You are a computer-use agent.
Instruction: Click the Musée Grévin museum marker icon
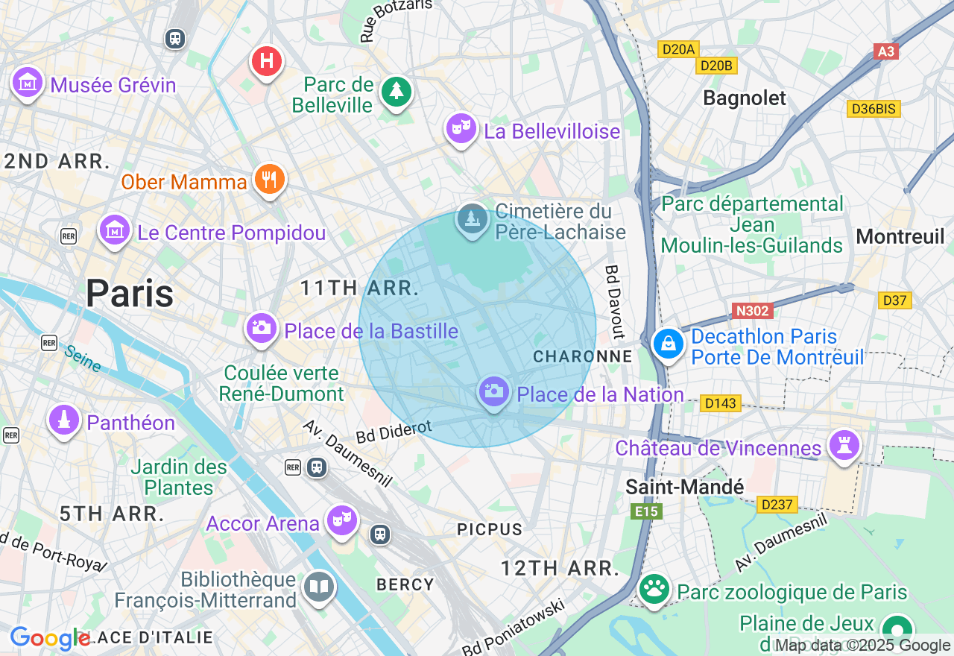(x=28, y=82)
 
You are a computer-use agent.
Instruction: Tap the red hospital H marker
(x=267, y=60)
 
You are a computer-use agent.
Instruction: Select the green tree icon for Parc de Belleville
(x=397, y=92)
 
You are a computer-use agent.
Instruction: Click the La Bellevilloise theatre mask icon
(x=461, y=128)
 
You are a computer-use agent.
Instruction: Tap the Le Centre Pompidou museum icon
(x=115, y=230)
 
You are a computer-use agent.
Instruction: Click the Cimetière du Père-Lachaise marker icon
(x=472, y=219)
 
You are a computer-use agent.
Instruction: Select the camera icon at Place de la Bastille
(x=261, y=327)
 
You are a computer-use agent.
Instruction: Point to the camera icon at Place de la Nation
(x=493, y=391)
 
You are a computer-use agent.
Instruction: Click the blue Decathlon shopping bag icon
(x=669, y=344)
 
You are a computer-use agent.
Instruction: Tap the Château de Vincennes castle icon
(x=844, y=445)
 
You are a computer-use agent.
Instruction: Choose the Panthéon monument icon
(x=64, y=420)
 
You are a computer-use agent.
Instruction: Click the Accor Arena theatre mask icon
(x=342, y=520)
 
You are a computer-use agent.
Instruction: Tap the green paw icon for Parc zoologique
(x=654, y=590)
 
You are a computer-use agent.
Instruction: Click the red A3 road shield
(x=885, y=51)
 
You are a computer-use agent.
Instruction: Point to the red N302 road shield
(x=753, y=311)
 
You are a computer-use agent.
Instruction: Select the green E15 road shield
(x=645, y=511)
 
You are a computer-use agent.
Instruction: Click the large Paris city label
(x=130, y=293)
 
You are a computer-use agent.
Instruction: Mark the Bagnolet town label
(x=745, y=98)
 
